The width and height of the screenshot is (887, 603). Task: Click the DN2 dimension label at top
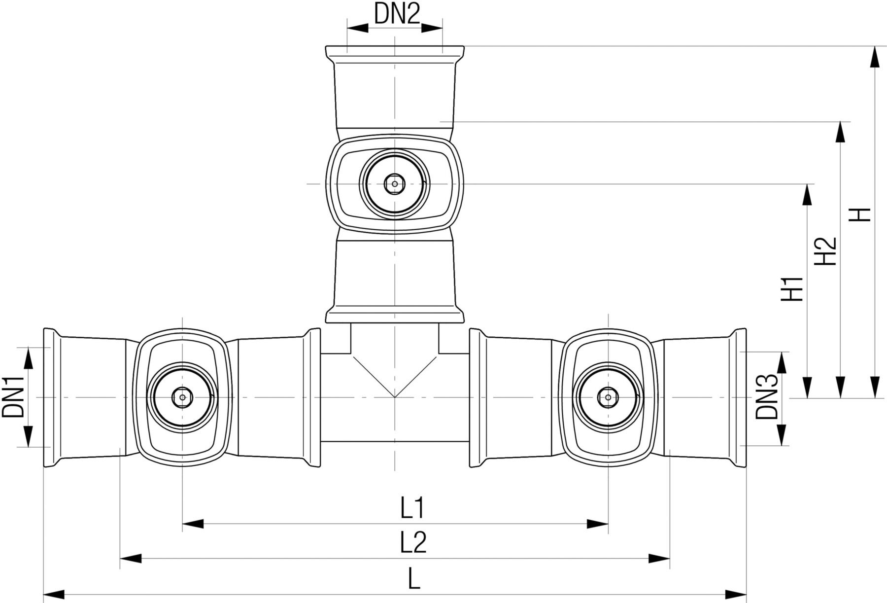point(397,14)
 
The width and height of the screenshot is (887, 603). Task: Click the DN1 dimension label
point(14,396)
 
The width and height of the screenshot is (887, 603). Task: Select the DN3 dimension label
point(767,396)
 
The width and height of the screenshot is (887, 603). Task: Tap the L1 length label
point(412,509)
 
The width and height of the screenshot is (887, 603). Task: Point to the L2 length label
point(413,543)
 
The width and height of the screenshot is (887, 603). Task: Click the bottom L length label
point(414,580)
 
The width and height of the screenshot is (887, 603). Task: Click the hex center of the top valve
point(394,184)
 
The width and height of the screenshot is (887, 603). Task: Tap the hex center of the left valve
point(183,397)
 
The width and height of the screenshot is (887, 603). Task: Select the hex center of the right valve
point(608,396)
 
